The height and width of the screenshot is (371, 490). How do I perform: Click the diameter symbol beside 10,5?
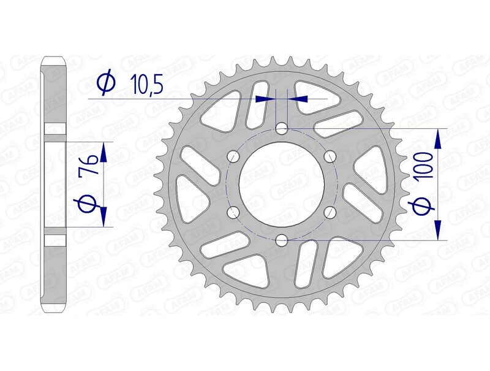click(105, 84)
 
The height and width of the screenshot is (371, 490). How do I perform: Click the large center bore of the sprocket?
click(281, 185)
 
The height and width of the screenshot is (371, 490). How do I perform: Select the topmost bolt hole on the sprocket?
click(281, 129)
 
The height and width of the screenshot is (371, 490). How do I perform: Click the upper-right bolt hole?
click(330, 157)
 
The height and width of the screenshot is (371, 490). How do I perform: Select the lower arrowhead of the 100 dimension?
click(438, 231)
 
